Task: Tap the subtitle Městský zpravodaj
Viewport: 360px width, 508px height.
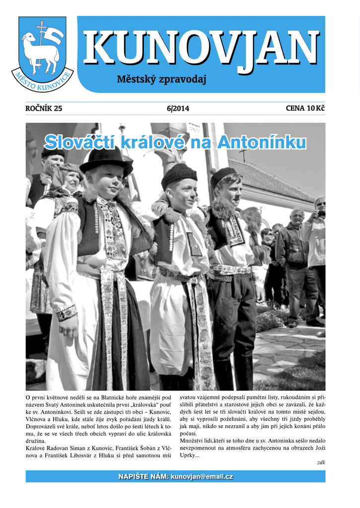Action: click(x=161, y=79)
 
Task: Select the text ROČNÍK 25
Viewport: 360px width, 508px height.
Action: click(x=44, y=109)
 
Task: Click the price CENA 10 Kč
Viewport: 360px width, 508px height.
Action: click(x=305, y=109)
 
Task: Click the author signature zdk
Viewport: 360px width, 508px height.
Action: click(x=320, y=462)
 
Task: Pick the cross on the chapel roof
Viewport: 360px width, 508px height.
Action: click(x=242, y=154)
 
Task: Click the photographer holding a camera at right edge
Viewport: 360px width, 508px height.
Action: click(x=316, y=233)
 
